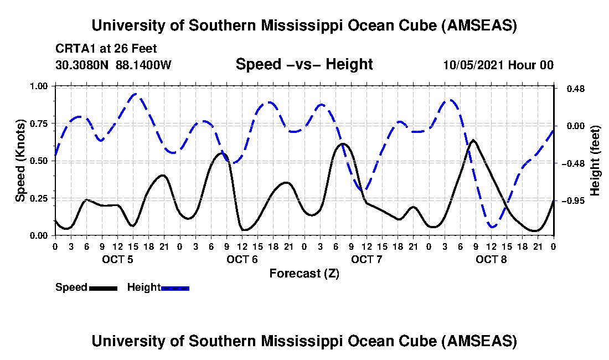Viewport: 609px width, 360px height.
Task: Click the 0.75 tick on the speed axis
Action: coord(42,123)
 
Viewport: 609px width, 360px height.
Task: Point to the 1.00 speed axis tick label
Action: coord(42,86)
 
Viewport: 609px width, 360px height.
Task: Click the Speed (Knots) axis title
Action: coord(20,161)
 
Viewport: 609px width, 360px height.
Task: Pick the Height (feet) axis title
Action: coord(595,161)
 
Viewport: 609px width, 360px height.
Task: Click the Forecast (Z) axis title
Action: coord(304,273)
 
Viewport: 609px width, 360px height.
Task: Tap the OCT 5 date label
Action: coord(117,259)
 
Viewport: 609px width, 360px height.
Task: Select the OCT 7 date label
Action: coord(367,259)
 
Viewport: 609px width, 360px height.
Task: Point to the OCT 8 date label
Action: coord(491,259)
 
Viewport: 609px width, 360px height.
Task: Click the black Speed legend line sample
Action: coord(102,288)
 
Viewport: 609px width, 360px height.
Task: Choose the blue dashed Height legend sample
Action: coord(175,288)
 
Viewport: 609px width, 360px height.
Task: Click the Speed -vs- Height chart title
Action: coord(304,64)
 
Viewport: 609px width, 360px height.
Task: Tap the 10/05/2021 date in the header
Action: coord(471,65)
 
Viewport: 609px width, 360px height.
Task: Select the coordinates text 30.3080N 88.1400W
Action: coord(113,65)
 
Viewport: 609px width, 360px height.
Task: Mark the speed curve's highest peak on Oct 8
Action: coord(473,140)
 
